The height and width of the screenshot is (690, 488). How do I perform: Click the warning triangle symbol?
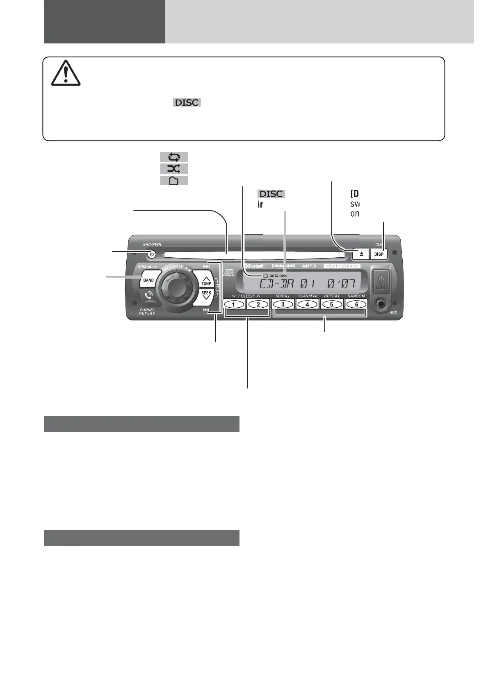click(66, 73)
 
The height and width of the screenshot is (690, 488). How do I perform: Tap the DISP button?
click(379, 254)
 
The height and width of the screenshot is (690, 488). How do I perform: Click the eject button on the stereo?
click(361, 254)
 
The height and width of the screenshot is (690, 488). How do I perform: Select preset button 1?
click(234, 304)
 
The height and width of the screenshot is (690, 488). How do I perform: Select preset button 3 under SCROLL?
click(283, 304)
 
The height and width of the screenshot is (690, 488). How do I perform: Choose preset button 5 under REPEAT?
click(332, 304)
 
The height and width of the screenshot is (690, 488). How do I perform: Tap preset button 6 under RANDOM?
click(356, 304)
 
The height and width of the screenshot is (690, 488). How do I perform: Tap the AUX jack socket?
click(382, 304)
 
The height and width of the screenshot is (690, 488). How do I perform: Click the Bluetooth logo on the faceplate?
click(255, 266)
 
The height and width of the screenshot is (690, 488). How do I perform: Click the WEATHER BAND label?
click(342, 266)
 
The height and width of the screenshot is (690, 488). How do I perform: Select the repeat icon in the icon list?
click(173, 157)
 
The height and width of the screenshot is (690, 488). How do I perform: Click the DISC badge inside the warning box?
click(187, 103)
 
